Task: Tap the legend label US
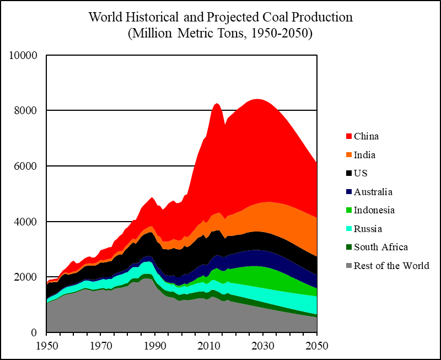[x=361, y=174]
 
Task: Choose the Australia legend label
[x=373, y=192]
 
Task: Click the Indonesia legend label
[x=374, y=210]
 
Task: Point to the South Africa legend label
[x=381, y=247]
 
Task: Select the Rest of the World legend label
[x=391, y=266]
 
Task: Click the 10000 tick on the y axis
[x=24, y=56]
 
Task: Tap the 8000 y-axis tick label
[x=27, y=111]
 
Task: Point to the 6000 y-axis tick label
[x=27, y=166]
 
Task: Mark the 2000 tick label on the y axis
[x=27, y=277]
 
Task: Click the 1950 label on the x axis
[x=46, y=346]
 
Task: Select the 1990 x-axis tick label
[x=155, y=346]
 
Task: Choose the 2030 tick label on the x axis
[x=263, y=346]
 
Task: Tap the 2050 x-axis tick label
[x=318, y=346]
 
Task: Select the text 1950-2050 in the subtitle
[x=279, y=33]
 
